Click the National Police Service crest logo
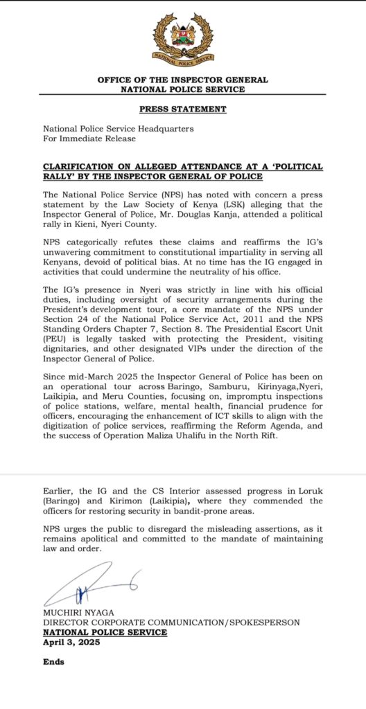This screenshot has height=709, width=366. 183,39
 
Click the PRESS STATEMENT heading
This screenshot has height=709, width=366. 183,109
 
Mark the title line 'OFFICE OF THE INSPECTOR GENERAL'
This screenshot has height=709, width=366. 183,80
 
